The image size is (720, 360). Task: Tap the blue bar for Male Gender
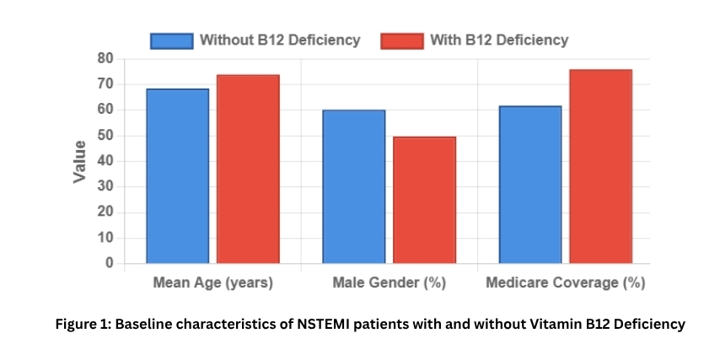pos(353,186)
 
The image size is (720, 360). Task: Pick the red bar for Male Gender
pos(424,200)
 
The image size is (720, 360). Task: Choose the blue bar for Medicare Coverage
pos(529,184)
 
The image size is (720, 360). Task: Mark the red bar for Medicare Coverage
pos(600,166)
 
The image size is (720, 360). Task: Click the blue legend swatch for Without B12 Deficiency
pos(172,40)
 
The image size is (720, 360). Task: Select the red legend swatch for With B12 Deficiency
pos(401,40)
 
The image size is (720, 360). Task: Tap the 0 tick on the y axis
pos(109,264)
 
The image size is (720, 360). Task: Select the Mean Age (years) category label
pos(212,283)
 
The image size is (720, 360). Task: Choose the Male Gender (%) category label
pos(389,283)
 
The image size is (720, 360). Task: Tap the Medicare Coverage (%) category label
pos(565,283)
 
